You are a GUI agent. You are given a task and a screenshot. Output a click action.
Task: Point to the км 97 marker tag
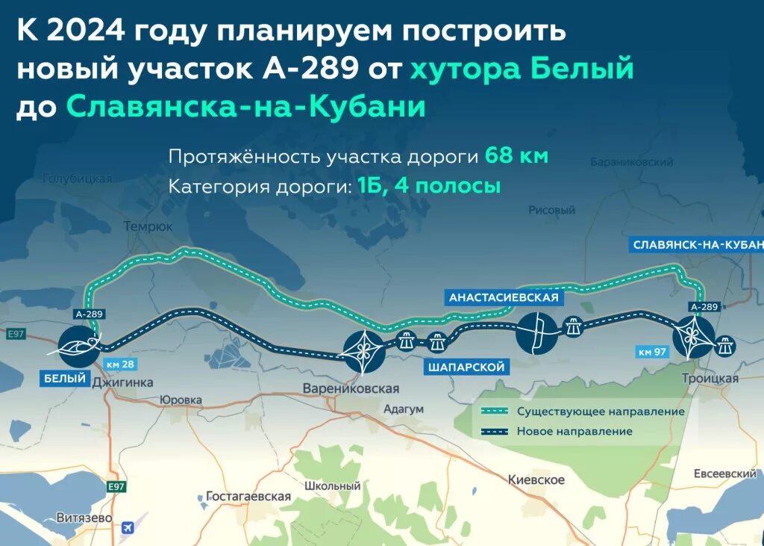(x=654, y=351)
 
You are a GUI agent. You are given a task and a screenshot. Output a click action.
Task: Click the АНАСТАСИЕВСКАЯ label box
(x=504, y=297)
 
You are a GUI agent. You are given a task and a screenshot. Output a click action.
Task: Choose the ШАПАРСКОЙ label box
(x=467, y=367)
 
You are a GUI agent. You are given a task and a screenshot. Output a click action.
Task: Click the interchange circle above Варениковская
(x=363, y=351)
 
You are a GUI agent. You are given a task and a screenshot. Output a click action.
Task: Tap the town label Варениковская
(x=351, y=389)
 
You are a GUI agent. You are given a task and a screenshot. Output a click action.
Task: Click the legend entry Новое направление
(x=574, y=431)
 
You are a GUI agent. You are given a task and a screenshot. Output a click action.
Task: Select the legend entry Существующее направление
(x=601, y=412)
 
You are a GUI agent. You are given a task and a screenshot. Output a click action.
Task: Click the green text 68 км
(x=516, y=157)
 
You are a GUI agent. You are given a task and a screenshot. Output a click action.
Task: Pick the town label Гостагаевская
(x=248, y=496)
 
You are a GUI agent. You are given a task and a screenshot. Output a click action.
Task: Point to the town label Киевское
(x=536, y=480)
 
